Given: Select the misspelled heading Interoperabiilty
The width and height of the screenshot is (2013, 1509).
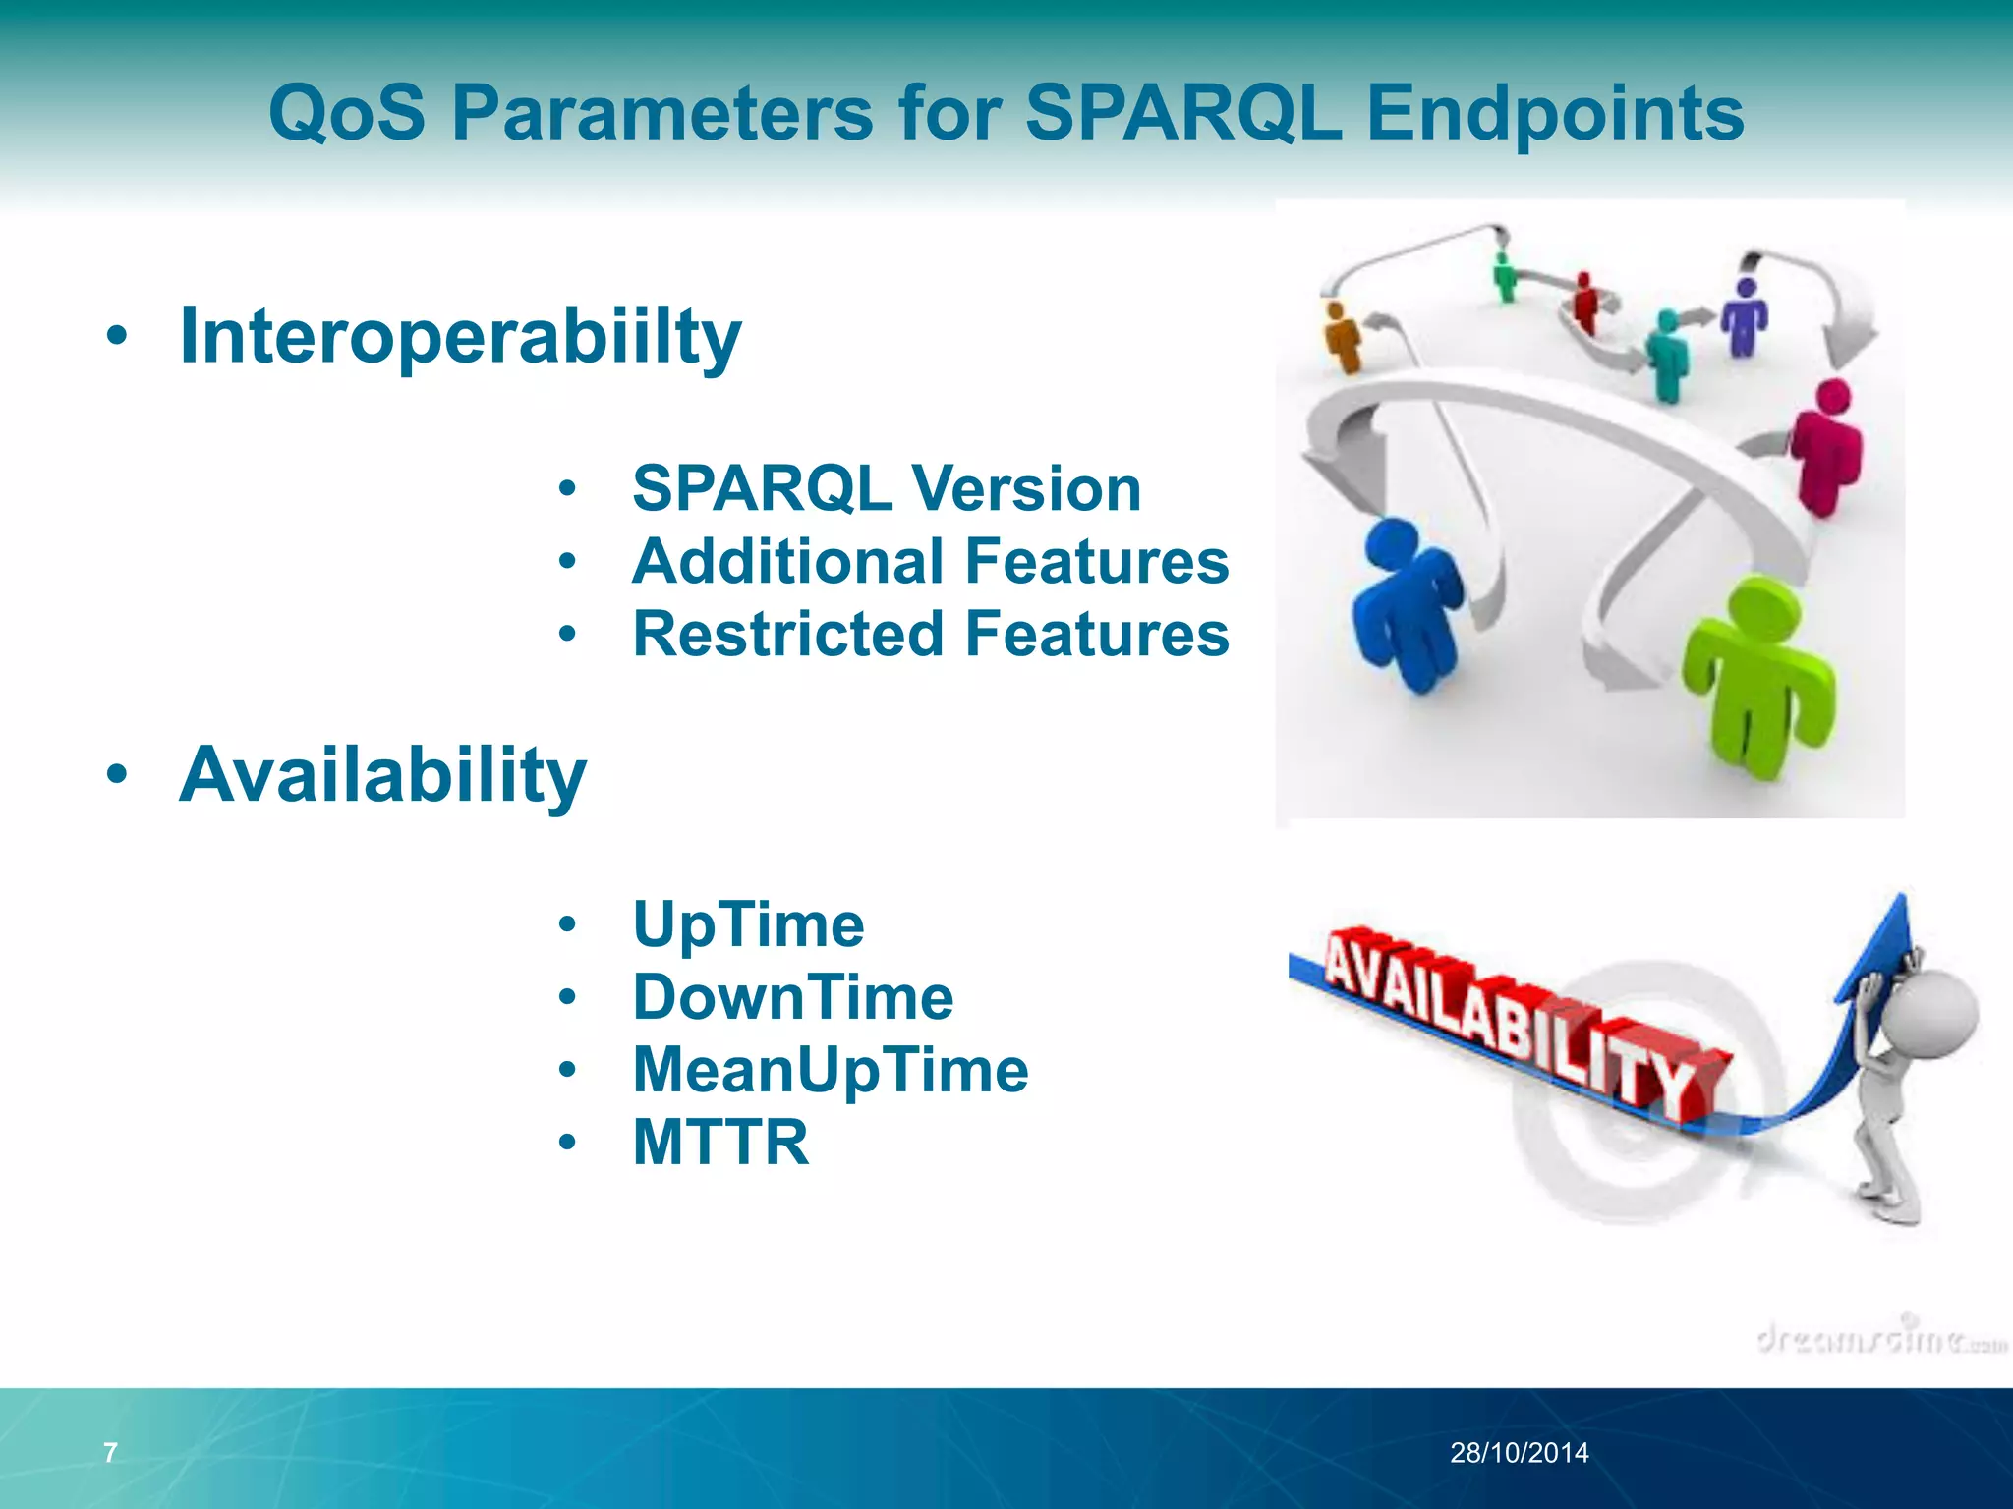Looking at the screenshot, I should (460, 336).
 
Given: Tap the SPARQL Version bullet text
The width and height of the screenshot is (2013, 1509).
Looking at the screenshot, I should (886, 488).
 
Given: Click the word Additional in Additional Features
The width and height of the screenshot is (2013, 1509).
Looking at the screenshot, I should (791, 561).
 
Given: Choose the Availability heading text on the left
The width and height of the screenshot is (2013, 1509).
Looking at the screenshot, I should (382, 775).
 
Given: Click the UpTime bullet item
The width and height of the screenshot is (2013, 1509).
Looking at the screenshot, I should (748, 924).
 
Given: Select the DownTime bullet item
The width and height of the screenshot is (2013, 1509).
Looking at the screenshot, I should (792, 997).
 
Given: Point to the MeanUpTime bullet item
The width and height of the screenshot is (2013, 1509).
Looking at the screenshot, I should (831, 1069).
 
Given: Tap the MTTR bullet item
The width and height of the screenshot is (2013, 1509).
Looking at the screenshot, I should (720, 1142).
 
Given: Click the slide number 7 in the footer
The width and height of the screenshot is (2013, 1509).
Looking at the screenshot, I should (110, 1452).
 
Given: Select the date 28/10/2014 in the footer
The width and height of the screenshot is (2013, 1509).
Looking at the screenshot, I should (1519, 1452).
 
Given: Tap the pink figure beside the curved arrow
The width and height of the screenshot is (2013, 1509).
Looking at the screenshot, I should (1826, 447).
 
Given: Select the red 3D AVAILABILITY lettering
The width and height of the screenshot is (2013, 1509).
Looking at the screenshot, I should (1514, 1022).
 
